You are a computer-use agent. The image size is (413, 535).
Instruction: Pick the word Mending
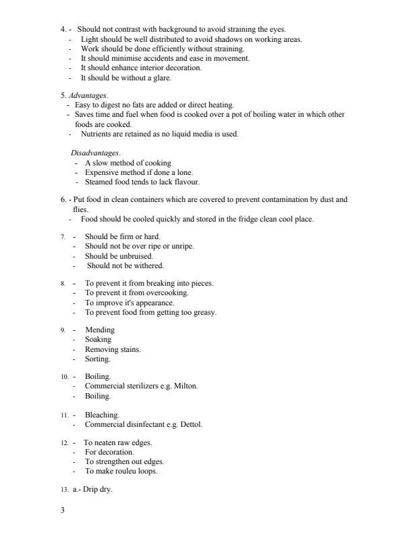pyautogui.click(x=100, y=330)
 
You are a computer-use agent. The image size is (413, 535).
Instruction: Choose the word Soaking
pyautogui.click(x=99, y=339)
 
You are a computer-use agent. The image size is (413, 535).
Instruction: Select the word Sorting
pyautogui.click(x=97, y=359)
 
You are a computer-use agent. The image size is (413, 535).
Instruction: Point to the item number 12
pyautogui.click(x=63, y=443)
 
